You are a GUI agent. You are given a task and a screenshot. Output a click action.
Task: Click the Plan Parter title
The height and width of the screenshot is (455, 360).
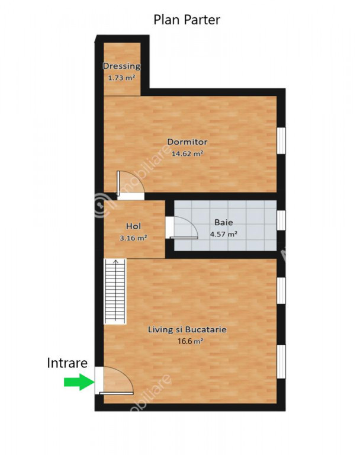[187, 20]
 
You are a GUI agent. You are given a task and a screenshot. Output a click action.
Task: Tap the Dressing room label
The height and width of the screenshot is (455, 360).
[121, 66]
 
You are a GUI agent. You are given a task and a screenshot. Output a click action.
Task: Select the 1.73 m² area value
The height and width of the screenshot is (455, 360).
[121, 78]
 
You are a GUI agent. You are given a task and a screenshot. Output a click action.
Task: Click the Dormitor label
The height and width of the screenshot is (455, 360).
[187, 142]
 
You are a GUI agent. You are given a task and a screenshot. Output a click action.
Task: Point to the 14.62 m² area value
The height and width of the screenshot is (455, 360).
[187, 153]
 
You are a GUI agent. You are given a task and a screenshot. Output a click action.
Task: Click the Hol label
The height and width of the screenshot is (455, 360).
[133, 226]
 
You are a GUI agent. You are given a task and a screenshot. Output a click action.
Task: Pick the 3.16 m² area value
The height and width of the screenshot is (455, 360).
[133, 238]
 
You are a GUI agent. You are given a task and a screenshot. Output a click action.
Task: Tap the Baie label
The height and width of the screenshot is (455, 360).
[224, 223]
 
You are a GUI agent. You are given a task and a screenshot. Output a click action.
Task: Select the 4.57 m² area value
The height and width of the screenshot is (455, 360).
[224, 234]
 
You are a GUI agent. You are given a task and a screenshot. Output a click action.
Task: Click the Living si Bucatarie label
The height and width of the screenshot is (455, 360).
[187, 329]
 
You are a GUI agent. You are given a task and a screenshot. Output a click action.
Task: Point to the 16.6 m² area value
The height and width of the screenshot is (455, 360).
[190, 341]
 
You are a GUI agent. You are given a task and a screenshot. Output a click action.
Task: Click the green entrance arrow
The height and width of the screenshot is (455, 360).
[79, 382]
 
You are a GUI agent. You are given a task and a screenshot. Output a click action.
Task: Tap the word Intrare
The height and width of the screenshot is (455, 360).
[67, 363]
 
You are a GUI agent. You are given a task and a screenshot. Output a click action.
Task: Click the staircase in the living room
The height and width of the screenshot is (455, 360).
[115, 291]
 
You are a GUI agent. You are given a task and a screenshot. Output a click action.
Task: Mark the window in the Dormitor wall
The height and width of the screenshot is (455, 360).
[281, 140]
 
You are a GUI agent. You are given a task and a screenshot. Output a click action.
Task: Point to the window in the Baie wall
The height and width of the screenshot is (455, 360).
[281, 220]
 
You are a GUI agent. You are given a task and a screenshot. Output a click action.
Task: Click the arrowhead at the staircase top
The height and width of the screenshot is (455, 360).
[115, 261]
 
